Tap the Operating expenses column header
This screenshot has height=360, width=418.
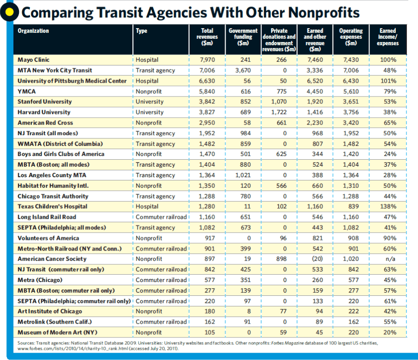(351, 37)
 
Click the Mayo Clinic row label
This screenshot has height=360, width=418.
(33, 60)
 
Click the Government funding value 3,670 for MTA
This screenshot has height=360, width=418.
(242, 70)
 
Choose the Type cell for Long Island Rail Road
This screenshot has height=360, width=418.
(161, 217)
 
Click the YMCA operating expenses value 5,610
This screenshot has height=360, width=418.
(351, 91)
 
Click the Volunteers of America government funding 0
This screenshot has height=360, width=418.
(248, 238)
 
